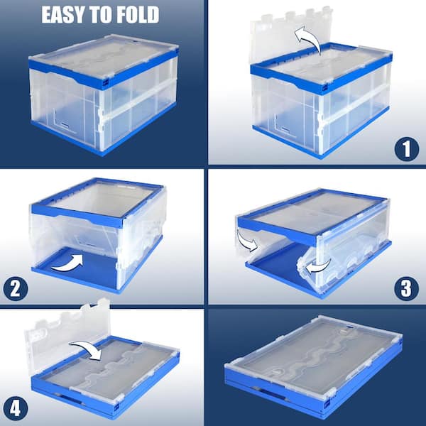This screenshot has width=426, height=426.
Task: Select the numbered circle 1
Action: tap(406, 149)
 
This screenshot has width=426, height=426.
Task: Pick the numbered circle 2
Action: tap(16, 288)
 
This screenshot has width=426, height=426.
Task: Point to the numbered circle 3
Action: tap(406, 288)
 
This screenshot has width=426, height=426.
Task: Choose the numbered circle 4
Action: tap(16, 408)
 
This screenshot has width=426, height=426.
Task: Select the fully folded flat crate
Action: tap(314, 367)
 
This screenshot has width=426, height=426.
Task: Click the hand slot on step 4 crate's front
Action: tap(71, 400)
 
